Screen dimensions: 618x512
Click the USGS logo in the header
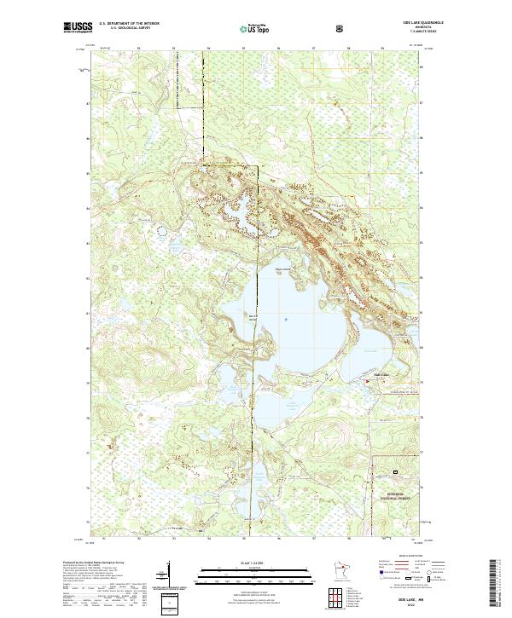78,28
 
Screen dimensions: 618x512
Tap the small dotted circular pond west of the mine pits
161,228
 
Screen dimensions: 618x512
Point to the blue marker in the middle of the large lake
286,320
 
